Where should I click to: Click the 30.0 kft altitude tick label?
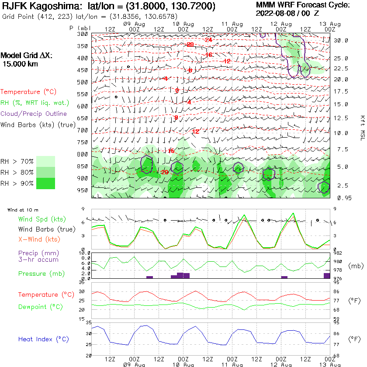click(x=341, y=40)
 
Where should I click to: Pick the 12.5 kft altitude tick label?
click(x=341, y=118)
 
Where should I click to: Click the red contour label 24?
click(x=208, y=40)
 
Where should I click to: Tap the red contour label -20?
click(x=189, y=45)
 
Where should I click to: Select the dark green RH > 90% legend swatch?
click(x=45, y=183)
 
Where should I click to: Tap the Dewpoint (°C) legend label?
click(x=41, y=307)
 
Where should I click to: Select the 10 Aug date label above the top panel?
click(x=183, y=23)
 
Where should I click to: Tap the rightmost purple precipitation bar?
click(x=327, y=275)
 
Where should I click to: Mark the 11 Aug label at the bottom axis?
click(x=232, y=364)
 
